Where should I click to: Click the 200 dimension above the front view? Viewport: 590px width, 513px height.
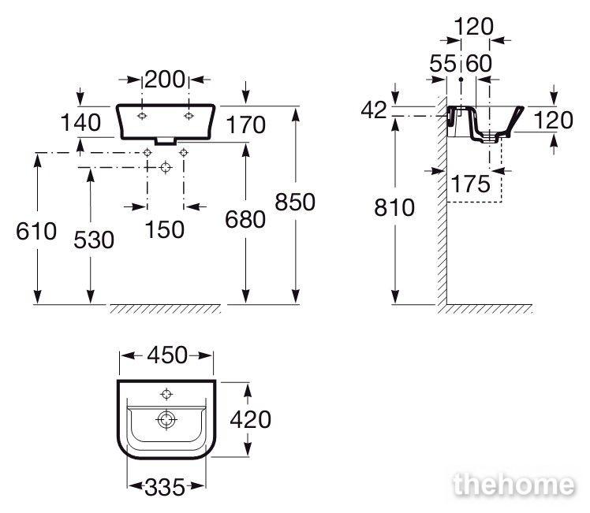coord(164,80)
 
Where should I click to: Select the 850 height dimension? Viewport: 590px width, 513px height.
coord(295,202)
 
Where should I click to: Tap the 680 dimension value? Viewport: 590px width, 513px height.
coord(245,219)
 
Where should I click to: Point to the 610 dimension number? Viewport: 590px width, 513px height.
coord(36,231)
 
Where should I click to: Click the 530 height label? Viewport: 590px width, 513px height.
coord(94,240)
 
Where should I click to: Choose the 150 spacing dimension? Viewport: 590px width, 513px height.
coord(164,229)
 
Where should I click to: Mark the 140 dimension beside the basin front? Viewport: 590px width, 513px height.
coord(80,122)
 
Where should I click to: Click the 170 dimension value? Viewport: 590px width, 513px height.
coord(246,125)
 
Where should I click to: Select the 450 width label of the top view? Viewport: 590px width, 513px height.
coord(166,355)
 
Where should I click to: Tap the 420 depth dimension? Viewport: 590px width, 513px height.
coord(250,419)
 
